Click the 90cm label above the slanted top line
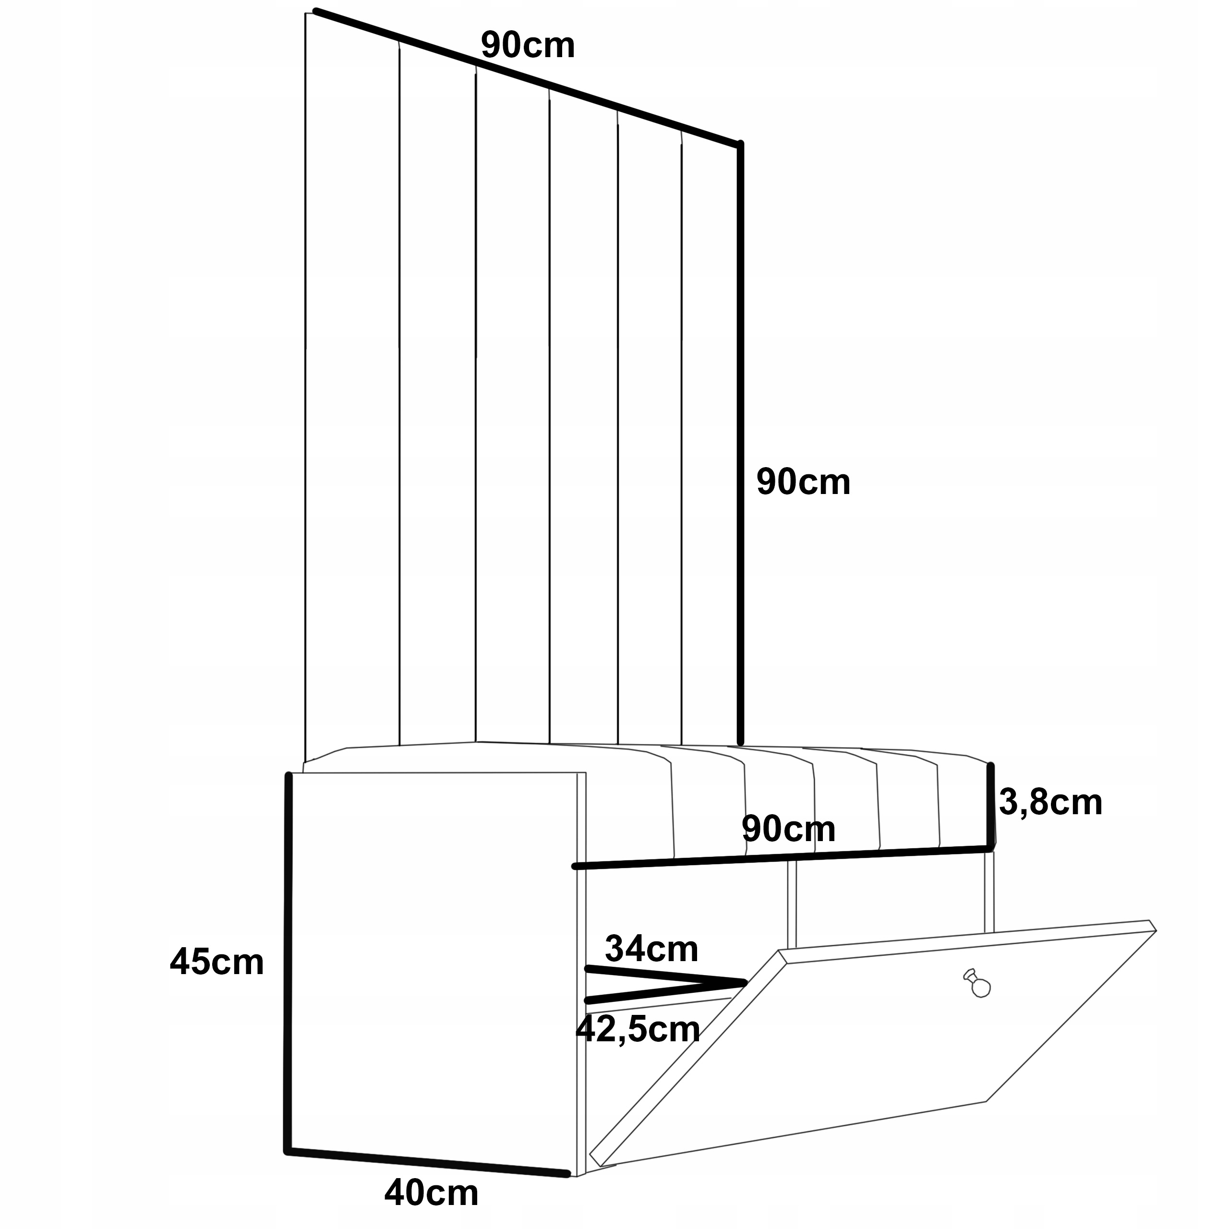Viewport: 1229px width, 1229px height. click(527, 46)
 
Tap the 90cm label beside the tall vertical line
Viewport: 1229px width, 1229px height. click(803, 482)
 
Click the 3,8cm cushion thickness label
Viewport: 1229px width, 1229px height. click(1050, 802)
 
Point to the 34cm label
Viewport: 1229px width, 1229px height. click(651, 949)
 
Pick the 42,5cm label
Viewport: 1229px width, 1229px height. click(638, 1029)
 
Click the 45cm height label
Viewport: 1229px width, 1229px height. click(217, 963)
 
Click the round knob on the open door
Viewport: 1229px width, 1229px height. click(980, 987)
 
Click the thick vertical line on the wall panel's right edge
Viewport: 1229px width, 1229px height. click(740, 446)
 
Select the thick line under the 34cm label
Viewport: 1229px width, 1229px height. click(665, 976)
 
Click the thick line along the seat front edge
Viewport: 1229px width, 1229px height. click(783, 857)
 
